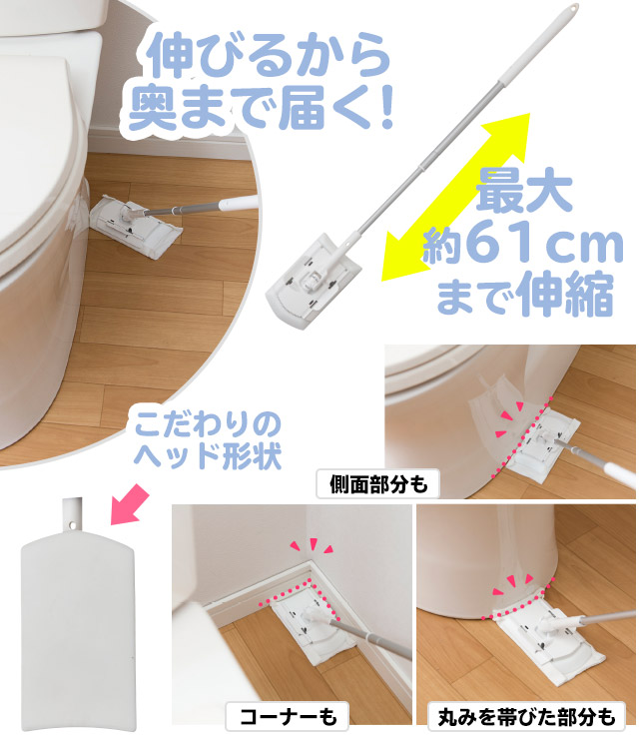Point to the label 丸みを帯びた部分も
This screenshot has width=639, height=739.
pyautogui.click(x=526, y=714)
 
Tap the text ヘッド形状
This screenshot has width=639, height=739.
pyautogui.click(x=208, y=454)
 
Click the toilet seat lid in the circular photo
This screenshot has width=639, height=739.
pyautogui.click(x=40, y=150)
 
